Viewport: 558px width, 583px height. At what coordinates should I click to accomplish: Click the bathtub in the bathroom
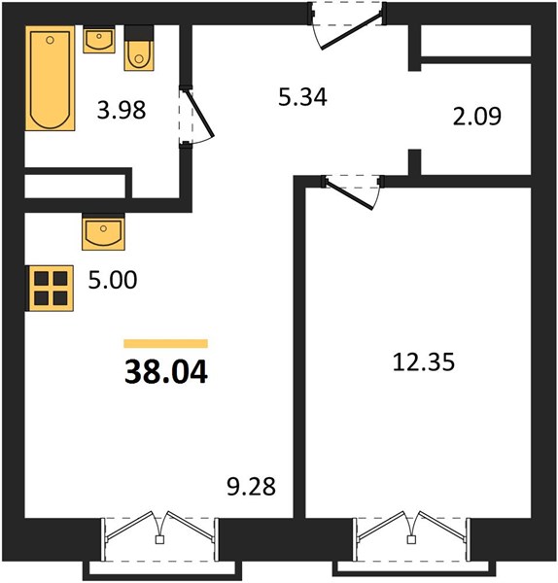tap(51, 78)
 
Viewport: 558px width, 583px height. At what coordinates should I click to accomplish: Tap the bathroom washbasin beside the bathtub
tap(99, 40)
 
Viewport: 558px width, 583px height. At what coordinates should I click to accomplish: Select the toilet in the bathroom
tap(139, 48)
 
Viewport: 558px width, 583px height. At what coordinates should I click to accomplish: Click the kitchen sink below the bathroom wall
tap(103, 231)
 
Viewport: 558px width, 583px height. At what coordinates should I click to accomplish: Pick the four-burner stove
tap(50, 289)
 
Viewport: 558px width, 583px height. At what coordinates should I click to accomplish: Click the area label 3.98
tap(122, 111)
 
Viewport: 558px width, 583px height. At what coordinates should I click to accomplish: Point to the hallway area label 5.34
tap(302, 96)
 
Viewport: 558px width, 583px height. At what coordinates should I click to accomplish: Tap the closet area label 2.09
tap(477, 116)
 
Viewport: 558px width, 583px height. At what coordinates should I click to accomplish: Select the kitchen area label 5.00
tap(113, 280)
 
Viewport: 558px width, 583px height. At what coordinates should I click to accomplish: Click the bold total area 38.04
tap(166, 372)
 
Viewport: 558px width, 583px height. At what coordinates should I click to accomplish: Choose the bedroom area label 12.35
tap(423, 362)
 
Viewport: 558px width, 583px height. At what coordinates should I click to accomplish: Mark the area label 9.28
tap(252, 487)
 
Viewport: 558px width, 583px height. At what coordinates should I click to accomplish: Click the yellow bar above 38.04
tap(166, 344)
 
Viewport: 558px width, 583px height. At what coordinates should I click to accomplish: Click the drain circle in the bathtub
tap(51, 40)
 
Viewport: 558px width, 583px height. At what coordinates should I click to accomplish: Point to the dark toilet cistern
tap(139, 33)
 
